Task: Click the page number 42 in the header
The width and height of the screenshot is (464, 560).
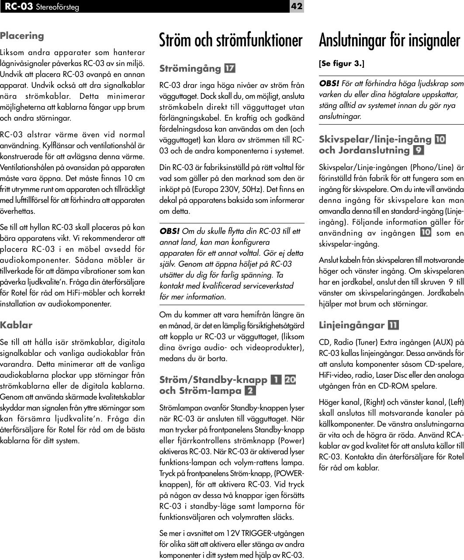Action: click(x=297, y=6)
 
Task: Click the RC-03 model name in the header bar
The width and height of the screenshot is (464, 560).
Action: click(x=19, y=7)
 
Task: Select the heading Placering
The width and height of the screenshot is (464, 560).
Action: click(x=22, y=36)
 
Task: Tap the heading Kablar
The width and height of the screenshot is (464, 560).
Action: click(x=16, y=325)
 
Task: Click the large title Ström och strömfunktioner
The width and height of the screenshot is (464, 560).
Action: click(x=231, y=40)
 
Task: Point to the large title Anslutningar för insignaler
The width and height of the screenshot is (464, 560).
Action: click(x=389, y=40)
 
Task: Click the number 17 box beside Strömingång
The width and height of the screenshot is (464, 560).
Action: click(x=230, y=69)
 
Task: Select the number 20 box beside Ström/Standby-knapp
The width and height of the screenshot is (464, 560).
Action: click(x=290, y=379)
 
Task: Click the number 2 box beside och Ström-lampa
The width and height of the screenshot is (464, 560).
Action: click(x=250, y=390)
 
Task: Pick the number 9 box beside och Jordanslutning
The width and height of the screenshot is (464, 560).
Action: click(x=418, y=150)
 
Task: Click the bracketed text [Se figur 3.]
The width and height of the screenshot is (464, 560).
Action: click(x=341, y=63)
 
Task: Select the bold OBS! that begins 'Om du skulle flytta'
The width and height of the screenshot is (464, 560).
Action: click(x=169, y=231)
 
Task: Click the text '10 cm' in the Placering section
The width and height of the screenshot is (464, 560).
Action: click(x=134, y=178)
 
